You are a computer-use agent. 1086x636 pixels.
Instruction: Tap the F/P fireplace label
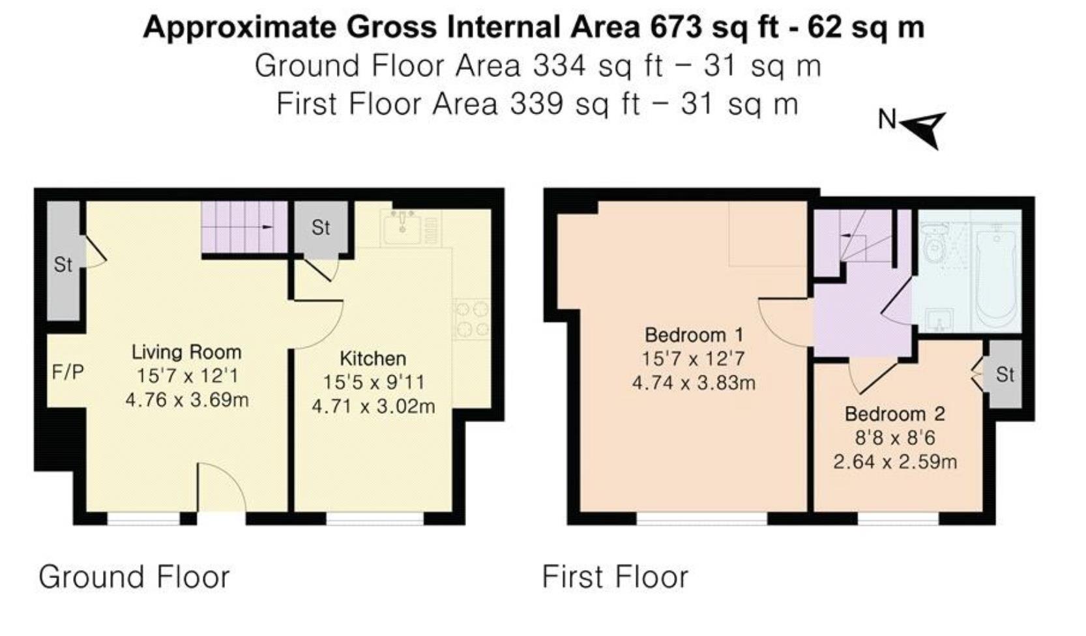point(68,372)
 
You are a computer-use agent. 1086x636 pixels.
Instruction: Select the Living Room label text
point(186,352)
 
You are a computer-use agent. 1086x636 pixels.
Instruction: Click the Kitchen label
point(373,358)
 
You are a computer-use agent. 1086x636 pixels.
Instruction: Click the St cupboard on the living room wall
point(63,264)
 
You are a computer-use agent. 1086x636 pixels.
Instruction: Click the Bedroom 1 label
point(694,335)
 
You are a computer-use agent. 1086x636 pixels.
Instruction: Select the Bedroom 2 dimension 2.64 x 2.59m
point(894,462)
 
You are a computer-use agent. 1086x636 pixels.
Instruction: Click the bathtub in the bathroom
point(995,274)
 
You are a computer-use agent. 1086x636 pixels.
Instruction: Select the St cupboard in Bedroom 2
point(1005,374)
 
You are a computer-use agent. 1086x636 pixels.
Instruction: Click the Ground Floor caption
point(134,577)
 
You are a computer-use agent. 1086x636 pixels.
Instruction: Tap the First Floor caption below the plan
point(615,577)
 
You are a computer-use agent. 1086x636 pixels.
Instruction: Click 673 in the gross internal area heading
point(676,27)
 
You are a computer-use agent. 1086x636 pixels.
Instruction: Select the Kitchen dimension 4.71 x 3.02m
point(373,407)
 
